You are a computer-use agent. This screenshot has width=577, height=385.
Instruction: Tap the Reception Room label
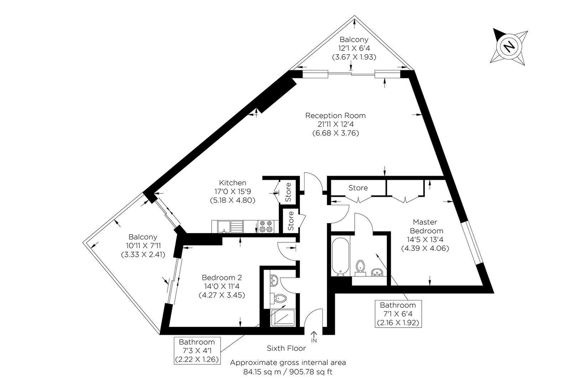[x=335, y=115]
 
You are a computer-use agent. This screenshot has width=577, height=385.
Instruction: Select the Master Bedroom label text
[x=425, y=226]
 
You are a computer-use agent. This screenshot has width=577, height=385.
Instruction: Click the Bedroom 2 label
[x=222, y=278]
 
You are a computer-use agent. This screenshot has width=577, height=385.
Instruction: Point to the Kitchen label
[x=233, y=183]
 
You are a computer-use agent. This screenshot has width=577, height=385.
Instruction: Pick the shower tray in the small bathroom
[x=283, y=317]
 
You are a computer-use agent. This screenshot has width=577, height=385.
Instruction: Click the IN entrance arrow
[x=314, y=336]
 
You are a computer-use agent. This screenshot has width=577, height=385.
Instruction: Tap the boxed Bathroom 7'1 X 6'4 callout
[x=398, y=314]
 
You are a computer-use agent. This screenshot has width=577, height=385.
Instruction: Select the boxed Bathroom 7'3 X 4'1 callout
[x=197, y=350]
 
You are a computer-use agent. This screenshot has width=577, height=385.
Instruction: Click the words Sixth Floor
[x=286, y=348]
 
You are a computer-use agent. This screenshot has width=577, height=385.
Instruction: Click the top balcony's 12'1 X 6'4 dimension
[x=354, y=48]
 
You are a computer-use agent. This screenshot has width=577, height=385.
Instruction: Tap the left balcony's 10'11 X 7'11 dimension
[x=143, y=246]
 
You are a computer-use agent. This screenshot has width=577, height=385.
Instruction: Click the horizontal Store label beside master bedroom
[x=358, y=188]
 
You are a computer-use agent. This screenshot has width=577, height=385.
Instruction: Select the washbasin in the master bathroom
[x=377, y=273]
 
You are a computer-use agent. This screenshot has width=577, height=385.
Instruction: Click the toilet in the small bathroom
[x=281, y=298]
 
